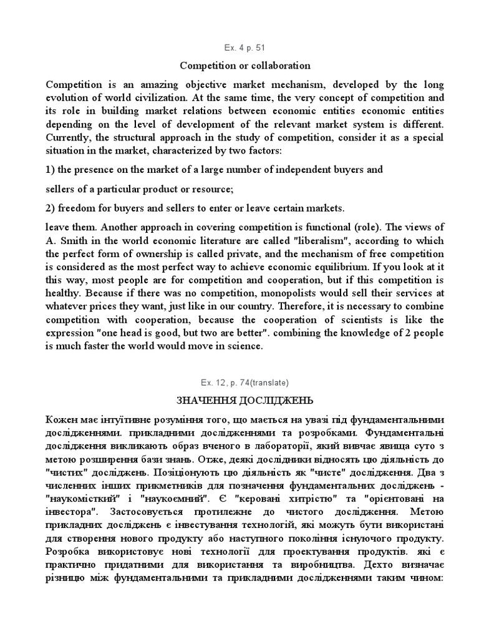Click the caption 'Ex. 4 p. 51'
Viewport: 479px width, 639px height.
(239, 48)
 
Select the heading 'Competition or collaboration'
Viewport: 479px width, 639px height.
(245, 66)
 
